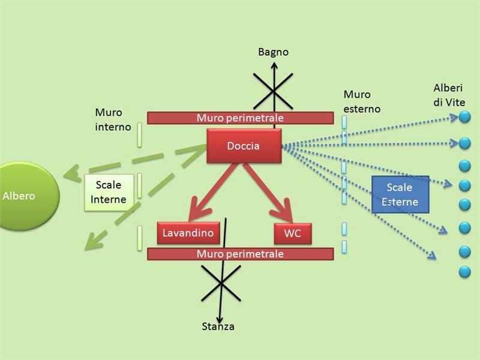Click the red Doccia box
[244, 146]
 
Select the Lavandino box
[188, 233]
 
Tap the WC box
[292, 233]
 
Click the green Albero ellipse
[24, 196]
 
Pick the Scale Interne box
[108, 193]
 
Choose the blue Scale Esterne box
[400, 194]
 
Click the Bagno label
[273, 52]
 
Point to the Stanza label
[218, 326]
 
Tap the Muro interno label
[112, 119]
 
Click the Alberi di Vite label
[449, 95]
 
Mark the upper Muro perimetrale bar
[240, 118]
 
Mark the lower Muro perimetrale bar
[240, 254]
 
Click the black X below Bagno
[274, 91]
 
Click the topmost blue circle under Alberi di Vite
[464, 118]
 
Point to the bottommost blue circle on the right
[464, 272]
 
